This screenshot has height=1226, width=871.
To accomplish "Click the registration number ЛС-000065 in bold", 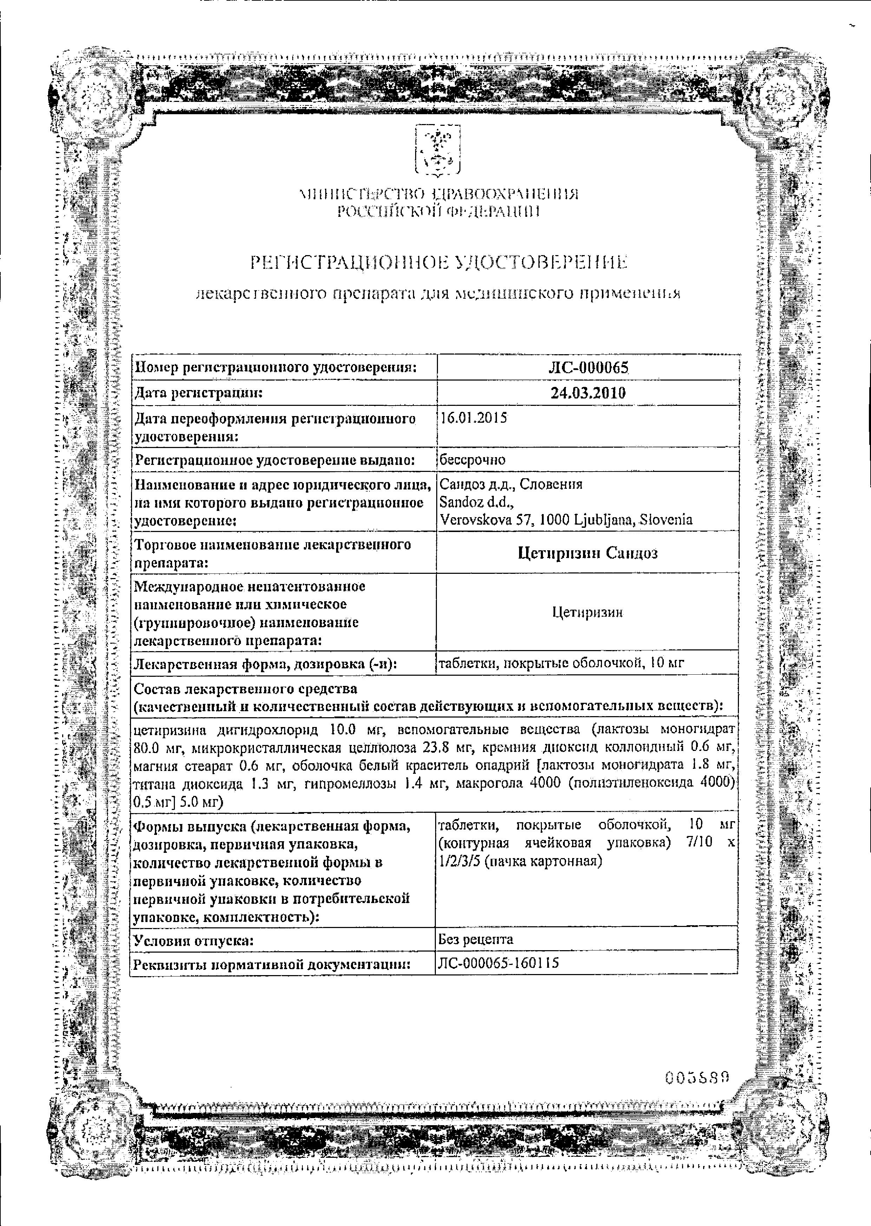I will pyautogui.click(x=588, y=368).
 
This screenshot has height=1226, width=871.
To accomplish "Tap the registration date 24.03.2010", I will pyautogui.click(x=588, y=393).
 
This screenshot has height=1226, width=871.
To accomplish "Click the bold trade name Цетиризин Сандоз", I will pyautogui.click(x=588, y=553).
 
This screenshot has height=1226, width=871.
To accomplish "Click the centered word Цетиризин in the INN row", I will pyautogui.click(x=588, y=612).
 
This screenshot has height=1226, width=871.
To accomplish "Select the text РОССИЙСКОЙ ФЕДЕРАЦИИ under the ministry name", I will pyautogui.click(x=438, y=213).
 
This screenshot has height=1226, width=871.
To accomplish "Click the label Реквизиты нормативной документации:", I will pyautogui.click(x=272, y=964).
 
